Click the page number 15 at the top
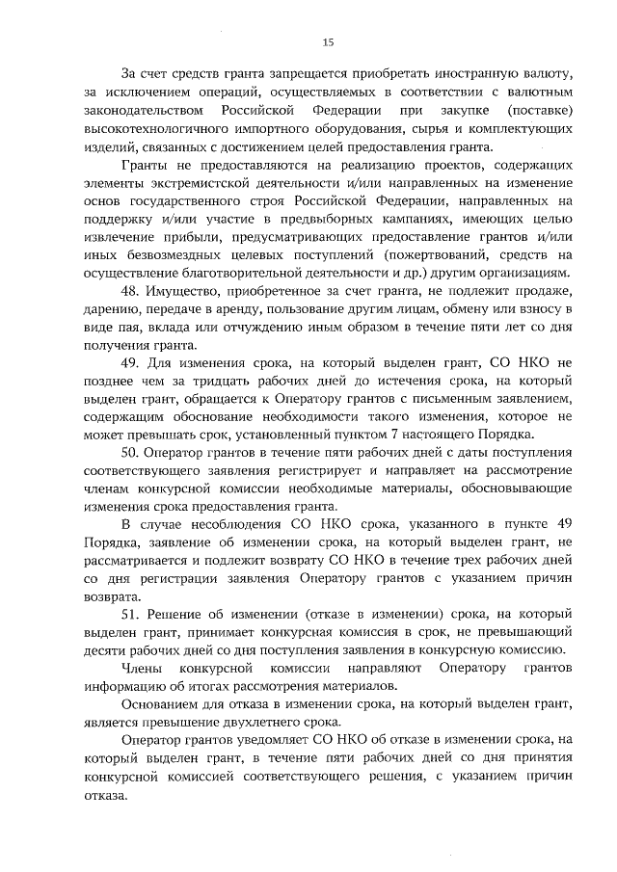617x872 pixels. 327,41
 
